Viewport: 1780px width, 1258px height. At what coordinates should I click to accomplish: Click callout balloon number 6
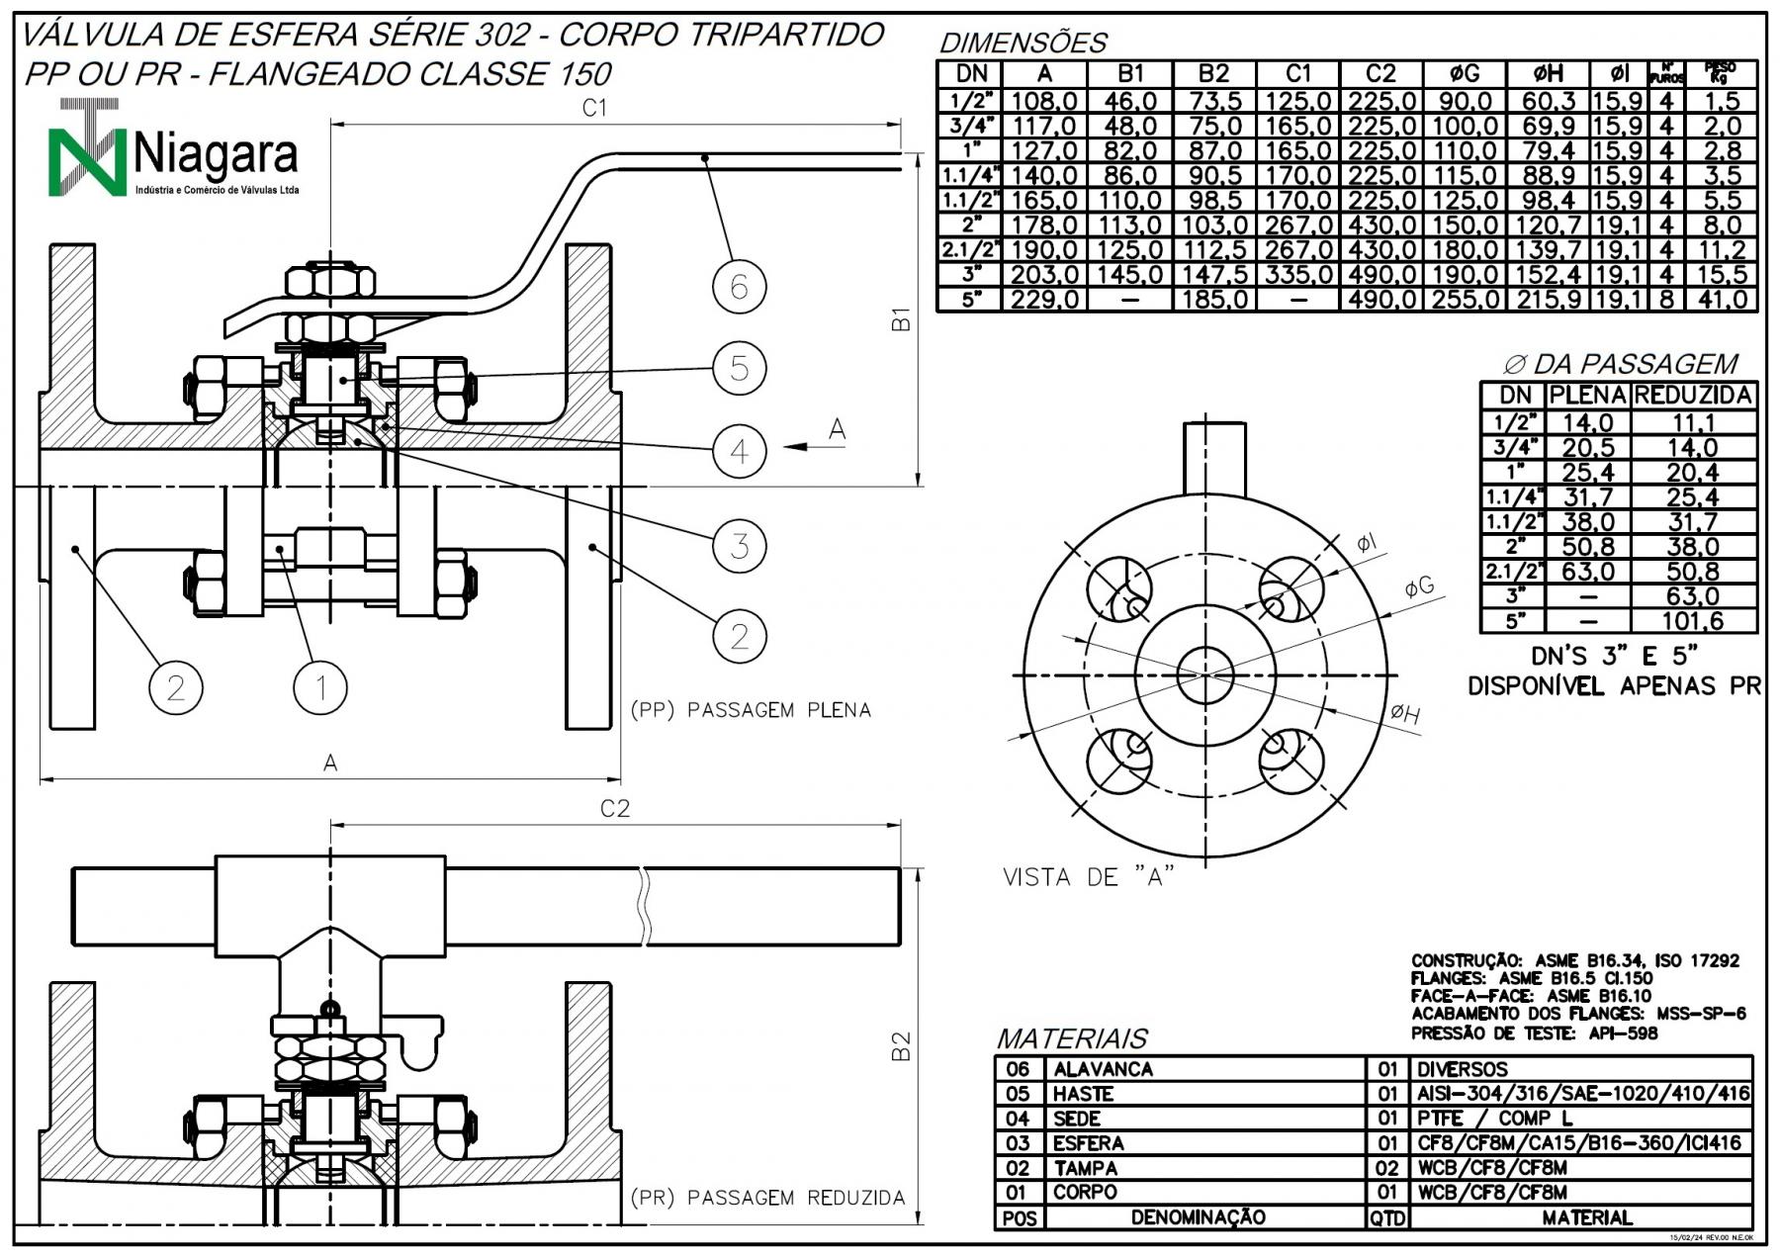[x=740, y=288]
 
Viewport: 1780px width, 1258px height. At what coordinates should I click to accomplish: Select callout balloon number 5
[x=740, y=369]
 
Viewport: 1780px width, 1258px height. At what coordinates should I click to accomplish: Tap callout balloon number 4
[x=740, y=452]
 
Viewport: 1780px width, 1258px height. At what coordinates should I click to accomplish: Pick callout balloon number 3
[x=740, y=545]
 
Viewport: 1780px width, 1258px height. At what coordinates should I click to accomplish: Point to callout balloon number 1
[x=321, y=687]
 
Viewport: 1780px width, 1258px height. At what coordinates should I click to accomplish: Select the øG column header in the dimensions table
[x=1464, y=74]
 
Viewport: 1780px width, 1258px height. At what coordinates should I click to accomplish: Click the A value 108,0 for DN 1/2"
[x=1044, y=101]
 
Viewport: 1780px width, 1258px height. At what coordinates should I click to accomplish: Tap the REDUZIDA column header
[x=1693, y=396]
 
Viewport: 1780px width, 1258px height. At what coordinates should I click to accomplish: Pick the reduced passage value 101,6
[x=1693, y=621]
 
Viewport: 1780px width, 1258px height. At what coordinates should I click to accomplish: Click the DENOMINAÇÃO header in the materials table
[x=1198, y=1217]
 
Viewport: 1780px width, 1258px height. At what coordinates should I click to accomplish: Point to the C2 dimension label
[x=615, y=809]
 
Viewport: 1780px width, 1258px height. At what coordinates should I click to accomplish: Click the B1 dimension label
[x=900, y=319]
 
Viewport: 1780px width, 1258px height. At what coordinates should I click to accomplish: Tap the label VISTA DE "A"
[x=1089, y=877]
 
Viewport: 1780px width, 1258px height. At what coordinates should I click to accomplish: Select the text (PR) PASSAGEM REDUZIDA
[x=767, y=1198]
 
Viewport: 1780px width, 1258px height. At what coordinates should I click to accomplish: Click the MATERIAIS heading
[x=1072, y=1038]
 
